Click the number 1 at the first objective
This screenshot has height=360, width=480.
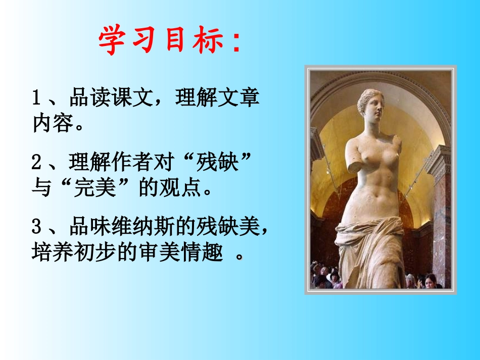(x=36, y=98)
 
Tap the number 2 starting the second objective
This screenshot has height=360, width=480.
(x=36, y=163)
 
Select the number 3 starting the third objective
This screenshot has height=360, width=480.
(x=36, y=228)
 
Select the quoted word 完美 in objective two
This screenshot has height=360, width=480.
(x=96, y=189)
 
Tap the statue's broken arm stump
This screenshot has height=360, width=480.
(x=356, y=164)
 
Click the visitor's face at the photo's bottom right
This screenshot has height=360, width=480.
(x=430, y=281)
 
